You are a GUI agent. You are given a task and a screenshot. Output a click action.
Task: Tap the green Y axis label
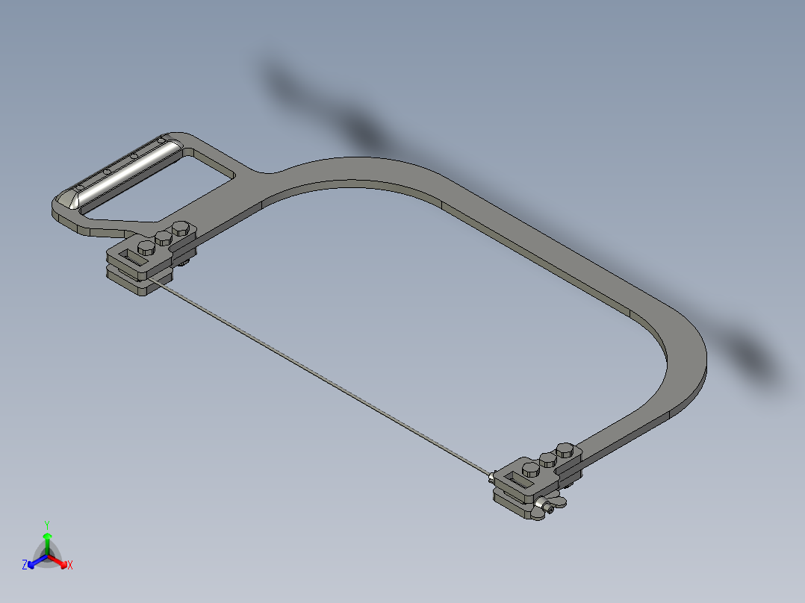(46, 524)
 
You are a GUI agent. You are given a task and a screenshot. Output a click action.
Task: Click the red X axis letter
(70, 566)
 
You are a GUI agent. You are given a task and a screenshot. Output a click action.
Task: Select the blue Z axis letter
(25, 566)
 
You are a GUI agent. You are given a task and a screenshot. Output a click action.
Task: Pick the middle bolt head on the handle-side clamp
(164, 239)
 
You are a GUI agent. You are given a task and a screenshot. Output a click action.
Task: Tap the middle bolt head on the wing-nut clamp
(549, 459)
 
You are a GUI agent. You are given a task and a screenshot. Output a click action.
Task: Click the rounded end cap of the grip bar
(75, 201)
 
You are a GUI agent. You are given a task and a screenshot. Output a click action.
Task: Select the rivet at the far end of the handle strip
(161, 139)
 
